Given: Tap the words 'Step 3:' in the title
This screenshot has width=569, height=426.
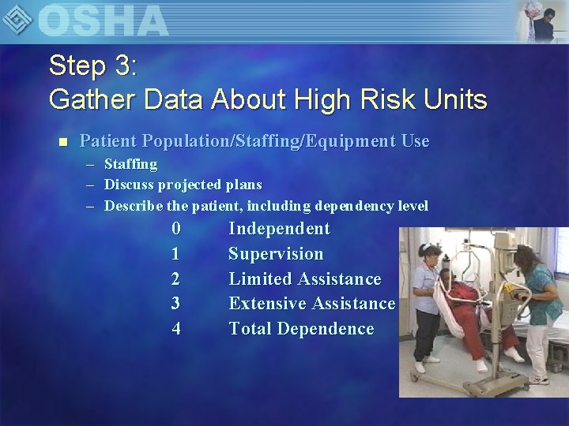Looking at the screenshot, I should pyautogui.click(x=93, y=65).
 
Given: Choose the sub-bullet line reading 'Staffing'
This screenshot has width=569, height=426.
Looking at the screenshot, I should pyautogui.click(x=130, y=164).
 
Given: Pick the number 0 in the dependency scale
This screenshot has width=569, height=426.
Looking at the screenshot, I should pyautogui.click(x=176, y=229).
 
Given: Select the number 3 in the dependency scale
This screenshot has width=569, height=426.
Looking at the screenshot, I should pyautogui.click(x=175, y=304).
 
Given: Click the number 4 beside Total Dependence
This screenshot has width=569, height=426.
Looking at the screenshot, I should pyautogui.click(x=175, y=329).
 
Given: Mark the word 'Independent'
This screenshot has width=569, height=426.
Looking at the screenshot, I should pyautogui.click(x=279, y=229).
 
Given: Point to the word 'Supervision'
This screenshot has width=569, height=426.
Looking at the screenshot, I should pyautogui.click(x=276, y=254).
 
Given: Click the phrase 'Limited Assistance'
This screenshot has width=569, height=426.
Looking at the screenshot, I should pyautogui.click(x=305, y=279).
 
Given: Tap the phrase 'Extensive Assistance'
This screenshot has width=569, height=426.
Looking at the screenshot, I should pyautogui.click(x=311, y=304).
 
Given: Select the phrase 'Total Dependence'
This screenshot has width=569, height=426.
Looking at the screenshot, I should pyautogui.click(x=301, y=329).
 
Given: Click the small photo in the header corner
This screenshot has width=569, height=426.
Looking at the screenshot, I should pyautogui.click(x=541, y=21).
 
